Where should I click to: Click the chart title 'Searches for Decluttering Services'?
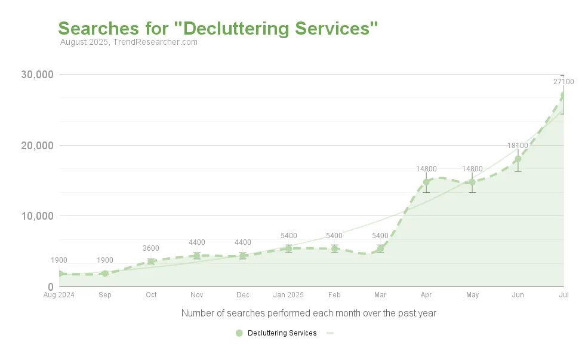(218, 28)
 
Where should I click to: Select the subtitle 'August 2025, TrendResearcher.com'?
(129, 42)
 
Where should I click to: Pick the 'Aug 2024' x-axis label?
(59, 295)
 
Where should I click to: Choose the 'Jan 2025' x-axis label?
(288, 295)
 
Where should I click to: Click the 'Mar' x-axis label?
(380, 295)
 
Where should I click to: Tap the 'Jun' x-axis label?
(518, 295)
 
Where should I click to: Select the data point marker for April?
(426, 182)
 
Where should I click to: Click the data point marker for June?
(518, 159)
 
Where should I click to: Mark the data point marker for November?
(197, 256)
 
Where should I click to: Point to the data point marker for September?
(105, 273)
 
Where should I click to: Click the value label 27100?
(563, 82)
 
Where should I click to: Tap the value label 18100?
(518, 146)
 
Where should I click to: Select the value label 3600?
(151, 248)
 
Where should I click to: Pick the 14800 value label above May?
(472, 169)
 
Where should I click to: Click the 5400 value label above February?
(334, 236)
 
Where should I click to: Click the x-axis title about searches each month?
(309, 313)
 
